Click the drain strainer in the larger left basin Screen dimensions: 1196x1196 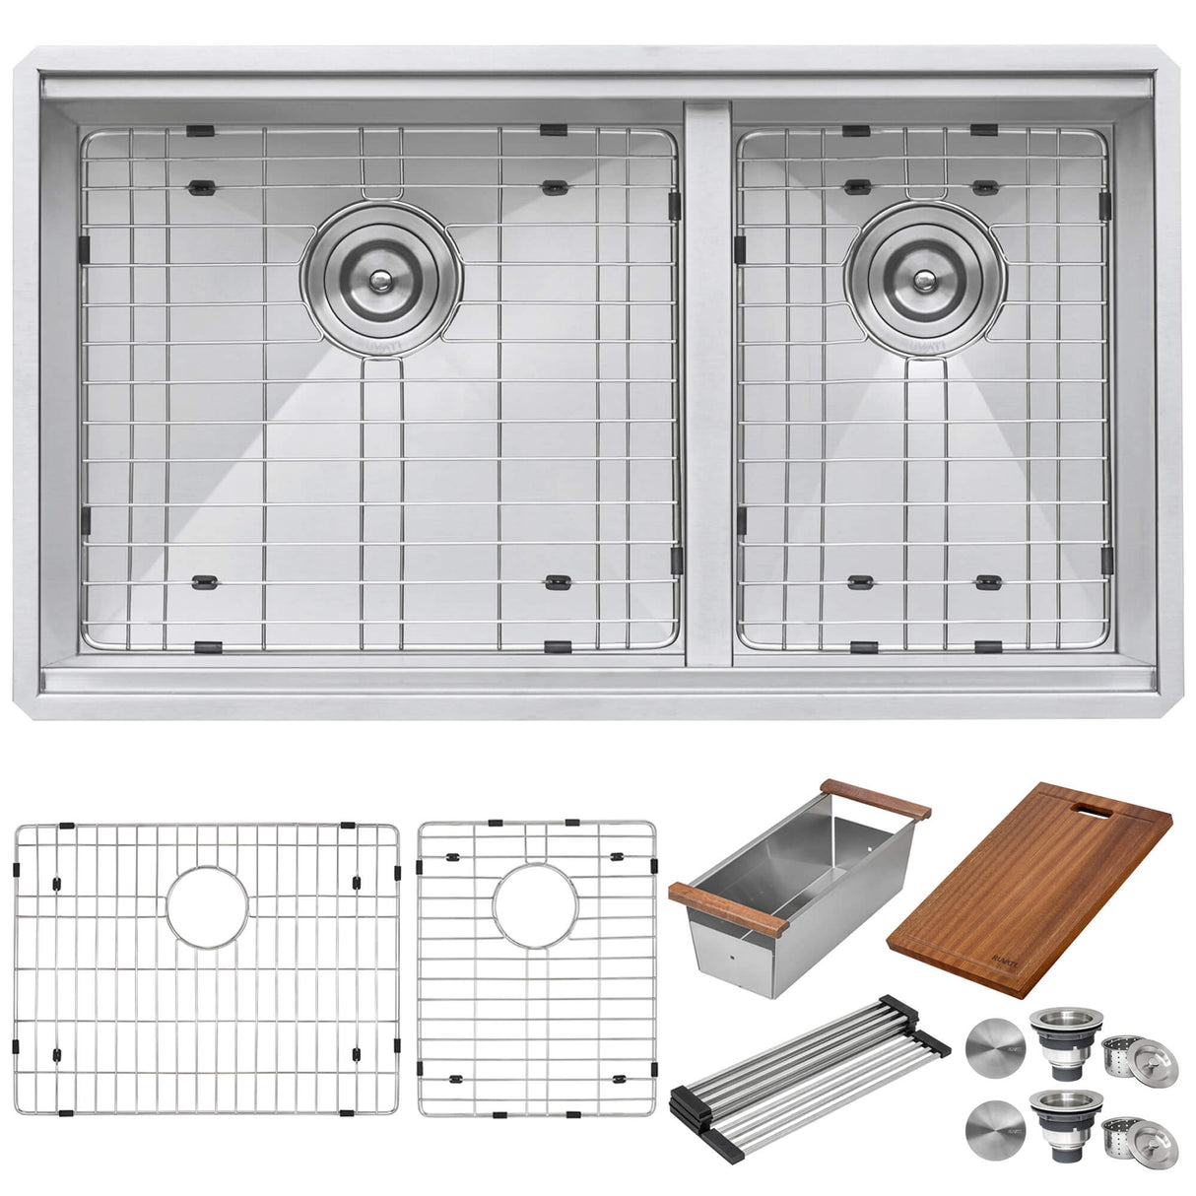coord(379,279)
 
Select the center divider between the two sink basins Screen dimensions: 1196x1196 coord(706,384)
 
